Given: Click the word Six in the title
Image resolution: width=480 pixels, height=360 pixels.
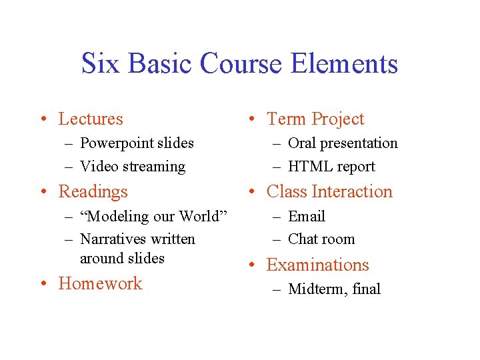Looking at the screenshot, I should (101, 64).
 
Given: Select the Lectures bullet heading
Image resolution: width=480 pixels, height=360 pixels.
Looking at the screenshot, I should (91, 119).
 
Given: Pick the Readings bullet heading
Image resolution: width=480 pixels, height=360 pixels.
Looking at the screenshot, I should (93, 192).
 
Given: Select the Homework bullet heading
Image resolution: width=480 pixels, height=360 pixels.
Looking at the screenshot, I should (100, 283).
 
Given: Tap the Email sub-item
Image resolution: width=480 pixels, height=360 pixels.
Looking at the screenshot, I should (307, 217).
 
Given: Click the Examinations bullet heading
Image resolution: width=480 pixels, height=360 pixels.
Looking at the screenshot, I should (317, 265).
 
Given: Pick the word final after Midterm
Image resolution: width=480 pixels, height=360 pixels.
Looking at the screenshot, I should (366, 289).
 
